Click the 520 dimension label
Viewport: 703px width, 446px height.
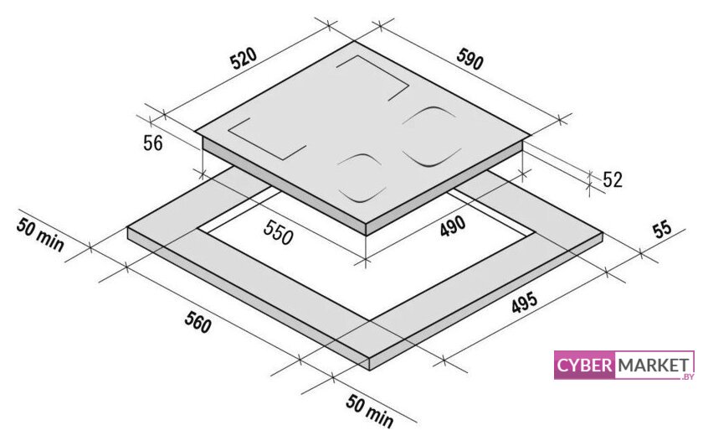244,58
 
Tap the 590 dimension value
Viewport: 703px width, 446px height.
470,59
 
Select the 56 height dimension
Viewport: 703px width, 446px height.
153,143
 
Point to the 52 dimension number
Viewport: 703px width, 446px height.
613,179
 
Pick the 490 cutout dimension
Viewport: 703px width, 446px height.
453,226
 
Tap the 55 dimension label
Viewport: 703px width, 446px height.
662,229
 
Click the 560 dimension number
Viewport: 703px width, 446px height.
198,322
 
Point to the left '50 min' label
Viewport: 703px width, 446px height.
40,235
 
